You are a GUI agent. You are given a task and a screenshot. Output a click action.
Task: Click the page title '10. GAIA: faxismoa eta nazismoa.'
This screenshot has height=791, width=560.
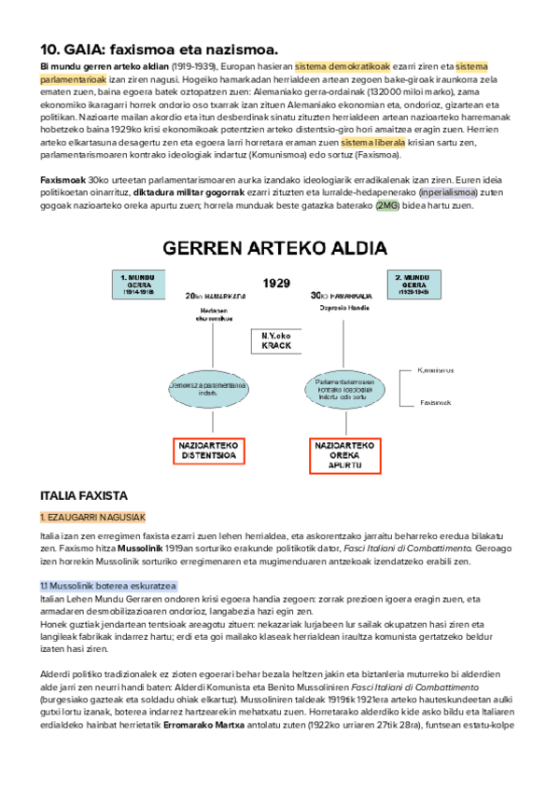coord(160,49)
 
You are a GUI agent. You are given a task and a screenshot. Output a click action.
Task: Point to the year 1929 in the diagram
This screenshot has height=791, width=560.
coord(276,283)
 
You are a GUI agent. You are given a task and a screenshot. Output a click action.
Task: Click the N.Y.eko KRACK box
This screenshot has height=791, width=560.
coord(276,340)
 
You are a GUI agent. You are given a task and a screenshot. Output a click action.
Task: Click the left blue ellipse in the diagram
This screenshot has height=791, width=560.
coord(209,389)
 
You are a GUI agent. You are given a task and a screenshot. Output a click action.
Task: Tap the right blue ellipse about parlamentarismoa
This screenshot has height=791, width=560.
coord(344,387)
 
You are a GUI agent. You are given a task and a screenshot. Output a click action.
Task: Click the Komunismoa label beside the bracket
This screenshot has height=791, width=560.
coord(437,369)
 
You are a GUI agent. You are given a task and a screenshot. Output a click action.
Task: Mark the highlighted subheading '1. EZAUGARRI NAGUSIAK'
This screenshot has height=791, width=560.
coord(91,517)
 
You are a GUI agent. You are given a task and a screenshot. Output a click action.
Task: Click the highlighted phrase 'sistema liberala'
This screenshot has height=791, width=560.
coord(372,144)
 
